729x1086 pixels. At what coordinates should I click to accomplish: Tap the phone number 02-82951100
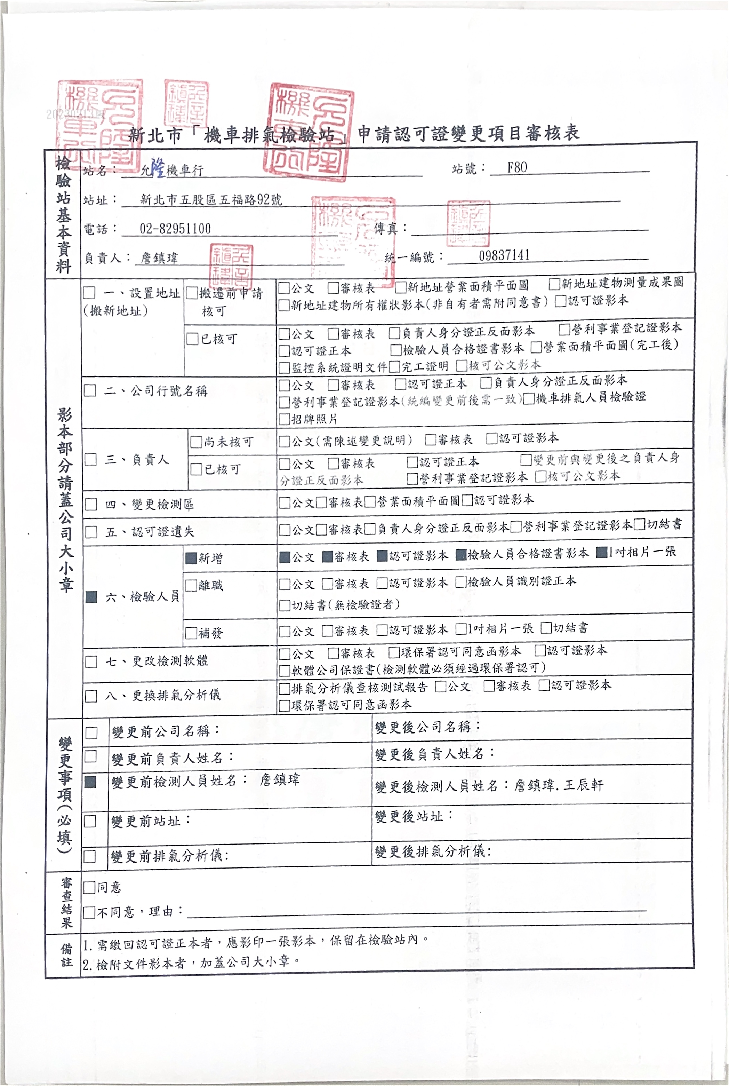(x=175, y=229)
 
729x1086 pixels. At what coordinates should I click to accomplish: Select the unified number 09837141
(x=504, y=255)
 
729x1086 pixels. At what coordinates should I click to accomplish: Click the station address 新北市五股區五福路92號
(x=211, y=199)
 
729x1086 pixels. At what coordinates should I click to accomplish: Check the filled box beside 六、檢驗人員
(x=91, y=597)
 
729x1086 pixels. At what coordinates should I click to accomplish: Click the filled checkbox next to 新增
(x=191, y=558)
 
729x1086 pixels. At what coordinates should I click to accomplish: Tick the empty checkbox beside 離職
(x=191, y=586)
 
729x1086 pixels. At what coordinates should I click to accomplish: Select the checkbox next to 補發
(x=191, y=633)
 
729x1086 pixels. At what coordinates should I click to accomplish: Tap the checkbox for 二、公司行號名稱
(x=90, y=391)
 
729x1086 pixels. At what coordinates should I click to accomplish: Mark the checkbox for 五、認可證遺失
(x=91, y=532)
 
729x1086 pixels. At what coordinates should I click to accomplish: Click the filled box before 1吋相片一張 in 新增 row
(x=602, y=553)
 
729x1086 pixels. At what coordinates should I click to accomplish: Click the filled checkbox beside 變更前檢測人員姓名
(x=91, y=782)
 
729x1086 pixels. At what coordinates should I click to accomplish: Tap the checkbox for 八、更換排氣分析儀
(x=91, y=696)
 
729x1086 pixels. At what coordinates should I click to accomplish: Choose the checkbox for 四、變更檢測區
(x=91, y=505)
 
